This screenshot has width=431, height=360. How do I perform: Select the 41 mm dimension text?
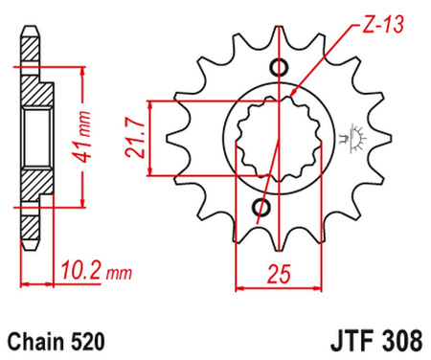(87, 122)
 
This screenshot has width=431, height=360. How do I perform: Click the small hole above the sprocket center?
(278, 68)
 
